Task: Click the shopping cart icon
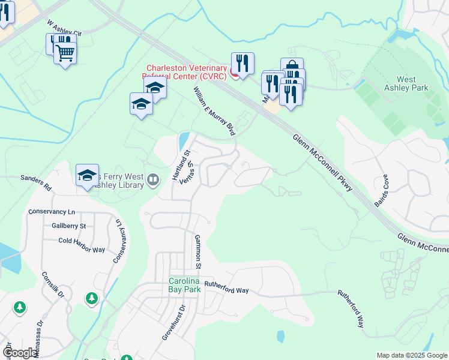click(65, 53)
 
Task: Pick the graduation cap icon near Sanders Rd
click(87, 176)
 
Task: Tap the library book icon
click(154, 179)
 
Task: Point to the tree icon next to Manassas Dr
click(20, 308)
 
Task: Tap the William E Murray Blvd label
click(214, 110)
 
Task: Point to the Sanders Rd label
click(36, 182)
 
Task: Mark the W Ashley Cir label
click(64, 30)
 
